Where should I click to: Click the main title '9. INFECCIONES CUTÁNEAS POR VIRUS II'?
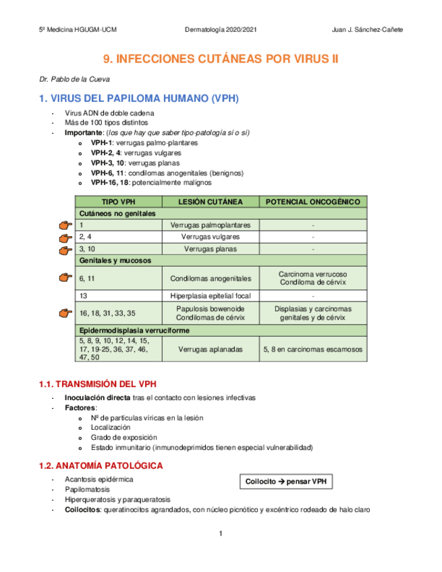221,59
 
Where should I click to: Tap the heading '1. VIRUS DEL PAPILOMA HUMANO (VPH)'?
139,98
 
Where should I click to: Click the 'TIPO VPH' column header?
119,202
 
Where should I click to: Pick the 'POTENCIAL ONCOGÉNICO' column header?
313,202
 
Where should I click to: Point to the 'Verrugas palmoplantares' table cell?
211,225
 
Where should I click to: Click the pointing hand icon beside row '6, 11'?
65,277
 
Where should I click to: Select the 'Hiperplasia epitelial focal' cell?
211,295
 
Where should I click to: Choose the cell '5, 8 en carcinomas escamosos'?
313,349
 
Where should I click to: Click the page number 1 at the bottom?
221,534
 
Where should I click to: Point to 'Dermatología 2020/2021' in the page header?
221,30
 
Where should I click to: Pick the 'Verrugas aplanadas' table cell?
211,349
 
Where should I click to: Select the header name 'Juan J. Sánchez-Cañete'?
368,30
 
